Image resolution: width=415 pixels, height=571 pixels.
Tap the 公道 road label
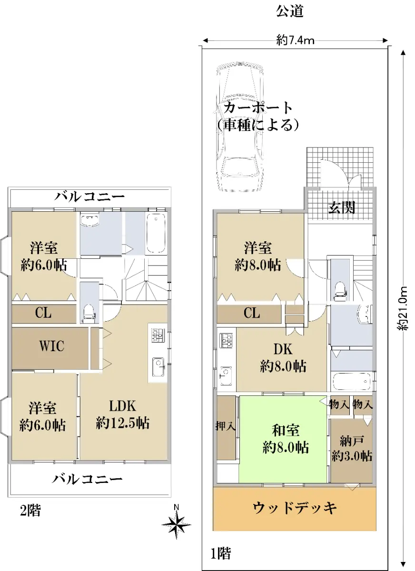coord(290,12)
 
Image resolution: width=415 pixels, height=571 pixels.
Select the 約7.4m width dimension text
coord(295,40)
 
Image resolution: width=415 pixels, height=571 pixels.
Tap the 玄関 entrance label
coord(341,207)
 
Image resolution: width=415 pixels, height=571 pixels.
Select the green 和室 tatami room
coord(283,439)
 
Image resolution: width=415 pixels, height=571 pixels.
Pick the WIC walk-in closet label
coord(51,346)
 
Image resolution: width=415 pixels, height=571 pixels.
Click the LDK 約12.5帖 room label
coord(123,414)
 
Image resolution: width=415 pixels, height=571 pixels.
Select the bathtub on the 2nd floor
coord(156,233)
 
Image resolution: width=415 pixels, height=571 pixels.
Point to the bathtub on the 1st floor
coord(352,381)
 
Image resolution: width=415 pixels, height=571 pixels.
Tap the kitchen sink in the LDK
coord(158,367)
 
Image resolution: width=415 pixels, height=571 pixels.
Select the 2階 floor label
coord(30,511)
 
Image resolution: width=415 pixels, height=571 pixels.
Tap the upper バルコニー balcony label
coord(89,197)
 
